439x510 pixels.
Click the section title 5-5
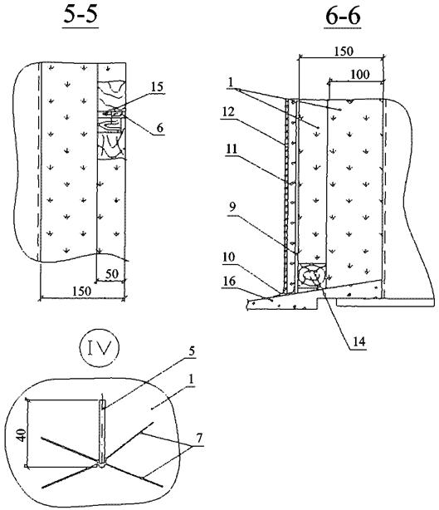click(x=80, y=15)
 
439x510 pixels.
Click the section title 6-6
click(x=343, y=17)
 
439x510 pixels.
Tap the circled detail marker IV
click(x=100, y=348)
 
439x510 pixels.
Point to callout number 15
click(x=158, y=87)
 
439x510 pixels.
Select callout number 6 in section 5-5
click(x=159, y=128)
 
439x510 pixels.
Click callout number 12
click(x=228, y=112)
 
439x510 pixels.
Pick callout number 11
click(x=232, y=150)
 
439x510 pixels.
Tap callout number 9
click(x=232, y=207)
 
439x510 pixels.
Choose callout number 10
click(x=229, y=257)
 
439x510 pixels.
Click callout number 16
click(x=229, y=281)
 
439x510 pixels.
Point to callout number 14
click(x=359, y=341)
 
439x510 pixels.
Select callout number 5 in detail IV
click(x=192, y=351)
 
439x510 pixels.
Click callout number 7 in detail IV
click(x=199, y=439)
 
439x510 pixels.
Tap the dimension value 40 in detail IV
click(x=22, y=435)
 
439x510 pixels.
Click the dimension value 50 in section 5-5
click(x=112, y=274)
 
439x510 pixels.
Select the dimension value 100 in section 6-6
click(x=360, y=75)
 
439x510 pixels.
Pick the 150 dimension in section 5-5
click(x=81, y=291)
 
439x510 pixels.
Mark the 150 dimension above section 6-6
click(x=344, y=51)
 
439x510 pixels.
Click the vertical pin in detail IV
click(x=102, y=431)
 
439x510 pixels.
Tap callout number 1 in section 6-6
click(x=231, y=82)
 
